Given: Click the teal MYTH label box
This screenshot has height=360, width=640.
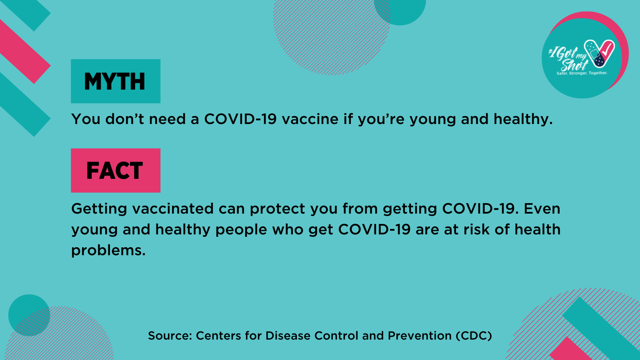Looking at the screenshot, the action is coord(116,81).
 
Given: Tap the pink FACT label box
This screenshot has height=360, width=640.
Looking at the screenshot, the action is coord(116,170).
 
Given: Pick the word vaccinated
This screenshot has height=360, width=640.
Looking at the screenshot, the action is coord(173,208).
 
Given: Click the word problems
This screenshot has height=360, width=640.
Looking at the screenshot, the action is coord(108,250).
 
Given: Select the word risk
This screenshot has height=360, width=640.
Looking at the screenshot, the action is coord(476,230).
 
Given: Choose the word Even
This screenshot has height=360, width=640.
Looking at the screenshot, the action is coord(542,208).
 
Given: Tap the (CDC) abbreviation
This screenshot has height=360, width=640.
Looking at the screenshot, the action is coord(474,336).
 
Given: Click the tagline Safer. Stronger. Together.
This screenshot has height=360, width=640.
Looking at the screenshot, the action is coord(582,73).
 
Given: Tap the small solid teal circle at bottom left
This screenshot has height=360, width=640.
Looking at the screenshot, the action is coord(29,315).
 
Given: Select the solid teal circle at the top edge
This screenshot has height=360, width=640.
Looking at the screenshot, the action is coord(400,10).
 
